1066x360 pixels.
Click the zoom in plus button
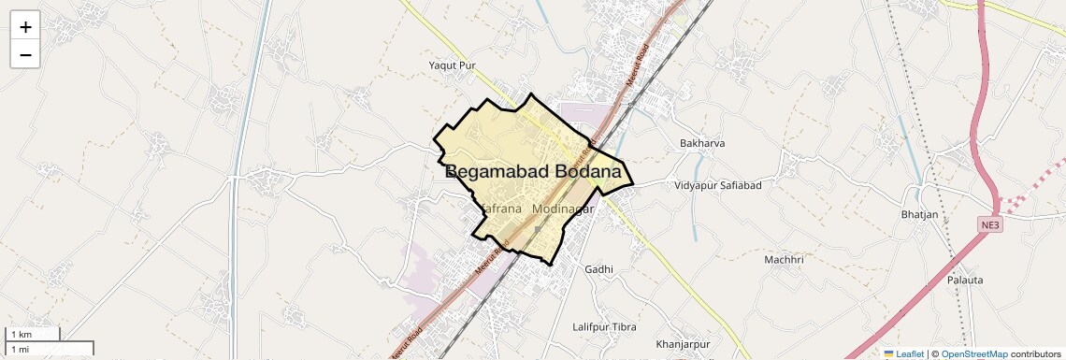(25, 27)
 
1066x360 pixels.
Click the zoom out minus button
(25, 54)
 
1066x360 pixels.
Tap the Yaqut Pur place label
(453, 65)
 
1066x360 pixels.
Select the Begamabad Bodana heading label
(533, 172)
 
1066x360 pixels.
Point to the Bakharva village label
(702, 143)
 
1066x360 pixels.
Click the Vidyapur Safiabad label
(718, 185)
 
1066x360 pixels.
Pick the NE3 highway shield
(990, 225)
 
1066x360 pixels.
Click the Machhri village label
(784, 259)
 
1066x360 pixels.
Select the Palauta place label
(964, 280)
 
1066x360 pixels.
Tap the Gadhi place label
(598, 269)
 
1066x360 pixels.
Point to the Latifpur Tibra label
(604, 327)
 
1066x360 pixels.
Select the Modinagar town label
(563, 209)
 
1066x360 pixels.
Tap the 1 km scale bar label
(22, 335)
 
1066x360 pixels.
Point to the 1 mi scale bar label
(21, 349)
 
